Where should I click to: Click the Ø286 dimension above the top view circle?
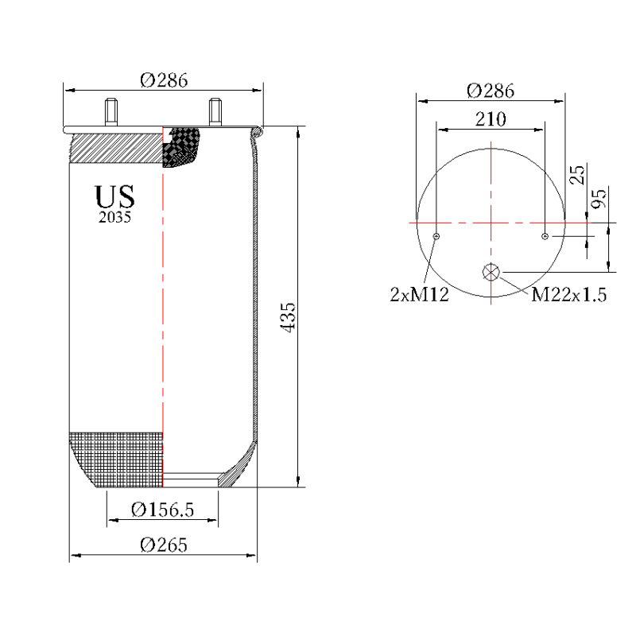click(x=491, y=91)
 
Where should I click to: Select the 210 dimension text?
click(x=491, y=119)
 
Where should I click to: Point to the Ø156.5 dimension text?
click(x=163, y=510)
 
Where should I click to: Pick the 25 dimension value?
click(x=579, y=174)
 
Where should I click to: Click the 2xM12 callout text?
click(x=420, y=295)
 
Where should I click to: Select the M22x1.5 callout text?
click(x=568, y=295)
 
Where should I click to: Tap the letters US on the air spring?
click(x=115, y=196)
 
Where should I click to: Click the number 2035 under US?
click(x=115, y=217)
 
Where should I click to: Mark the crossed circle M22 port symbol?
click(x=491, y=272)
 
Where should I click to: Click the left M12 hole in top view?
click(x=436, y=236)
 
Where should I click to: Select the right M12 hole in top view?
click(x=545, y=236)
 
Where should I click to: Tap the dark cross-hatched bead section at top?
click(x=181, y=146)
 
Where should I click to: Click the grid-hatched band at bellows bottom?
click(x=118, y=459)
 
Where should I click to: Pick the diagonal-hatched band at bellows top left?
click(x=115, y=147)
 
